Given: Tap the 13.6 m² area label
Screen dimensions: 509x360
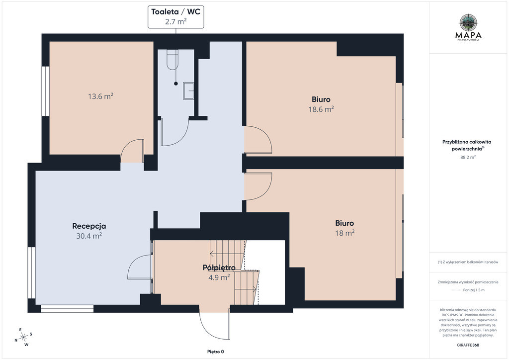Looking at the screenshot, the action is tap(100, 96).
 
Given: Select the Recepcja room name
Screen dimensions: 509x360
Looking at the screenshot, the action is tap(89, 226).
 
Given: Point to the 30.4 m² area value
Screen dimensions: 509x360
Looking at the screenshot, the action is tap(89, 236).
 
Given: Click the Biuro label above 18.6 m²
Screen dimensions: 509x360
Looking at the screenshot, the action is tap(321, 99).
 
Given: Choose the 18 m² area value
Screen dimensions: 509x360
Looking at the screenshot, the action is tap(345, 233).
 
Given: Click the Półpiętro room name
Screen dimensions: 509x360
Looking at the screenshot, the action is tap(219, 268).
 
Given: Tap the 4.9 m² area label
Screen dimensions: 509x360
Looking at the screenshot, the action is tap(219, 277).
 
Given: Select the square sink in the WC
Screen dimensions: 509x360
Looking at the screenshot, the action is tap(188, 91).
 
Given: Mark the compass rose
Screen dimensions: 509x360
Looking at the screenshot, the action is tap(23, 338).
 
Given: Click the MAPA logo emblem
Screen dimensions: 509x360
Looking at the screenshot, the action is tap(468, 22).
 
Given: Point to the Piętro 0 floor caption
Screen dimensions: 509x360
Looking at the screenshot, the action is tap(216, 352).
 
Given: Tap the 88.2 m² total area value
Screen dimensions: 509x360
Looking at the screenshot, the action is tap(468, 157).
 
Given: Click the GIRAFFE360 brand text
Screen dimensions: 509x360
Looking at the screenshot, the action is tap(468, 345).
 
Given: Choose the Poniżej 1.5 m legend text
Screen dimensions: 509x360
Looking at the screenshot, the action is tap(474, 290).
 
